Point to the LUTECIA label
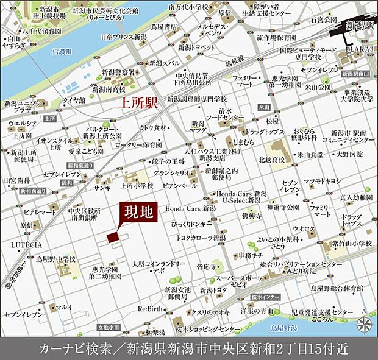coord(26,244)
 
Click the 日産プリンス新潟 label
coord(124,37)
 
